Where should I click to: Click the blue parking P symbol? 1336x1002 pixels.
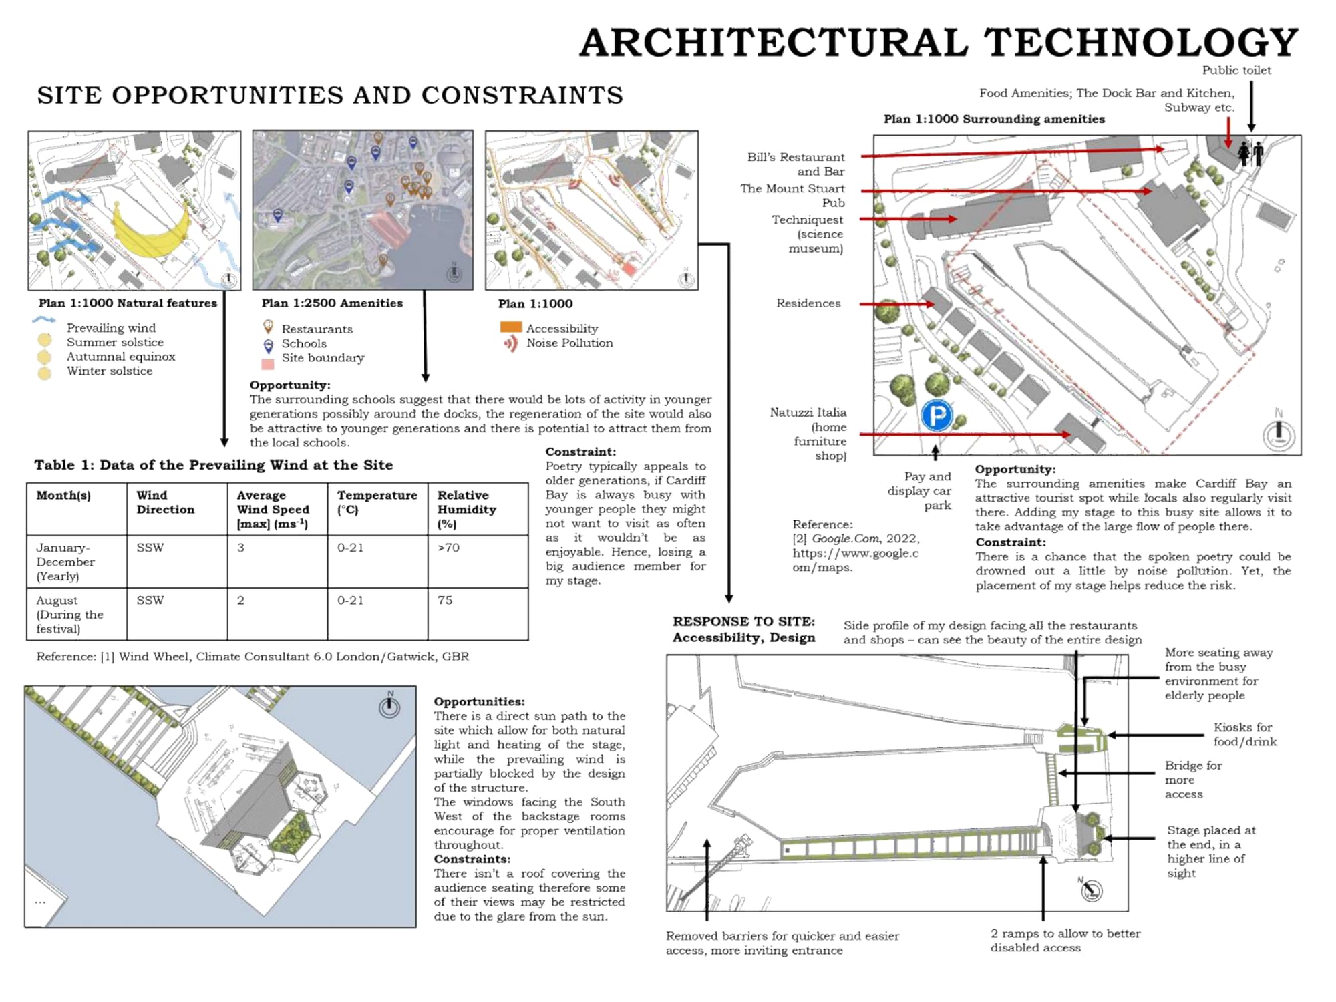[937, 415]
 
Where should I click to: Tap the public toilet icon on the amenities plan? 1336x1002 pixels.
[1250, 154]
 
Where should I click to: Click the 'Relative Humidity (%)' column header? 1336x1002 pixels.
[466, 509]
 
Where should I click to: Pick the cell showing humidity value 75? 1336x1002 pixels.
[445, 600]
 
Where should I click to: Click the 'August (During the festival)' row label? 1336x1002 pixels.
[69, 614]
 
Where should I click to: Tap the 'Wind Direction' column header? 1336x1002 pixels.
[165, 502]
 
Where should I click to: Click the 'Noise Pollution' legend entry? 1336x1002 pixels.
[569, 343]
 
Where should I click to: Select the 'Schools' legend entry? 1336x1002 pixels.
[303, 343]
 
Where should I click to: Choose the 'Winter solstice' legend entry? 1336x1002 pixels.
[109, 371]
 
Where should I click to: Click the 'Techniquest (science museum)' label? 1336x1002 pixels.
[808, 234]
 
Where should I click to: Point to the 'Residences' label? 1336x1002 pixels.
[808, 303]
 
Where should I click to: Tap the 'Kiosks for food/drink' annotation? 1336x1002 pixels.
[1244, 734]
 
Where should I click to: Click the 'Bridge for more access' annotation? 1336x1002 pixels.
[1193, 780]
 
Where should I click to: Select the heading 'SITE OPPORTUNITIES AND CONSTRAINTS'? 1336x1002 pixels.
[330, 96]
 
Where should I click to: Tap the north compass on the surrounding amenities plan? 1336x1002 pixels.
[1279, 434]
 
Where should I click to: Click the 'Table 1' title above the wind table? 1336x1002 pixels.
[214, 465]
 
